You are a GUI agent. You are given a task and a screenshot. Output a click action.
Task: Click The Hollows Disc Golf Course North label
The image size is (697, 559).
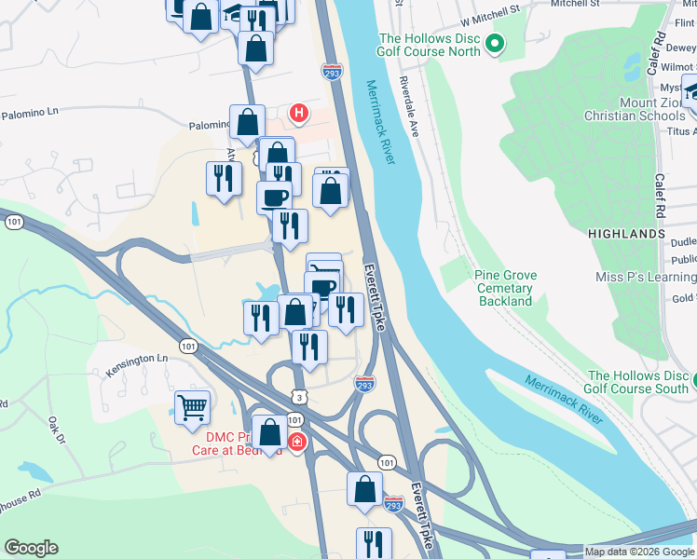pos(429,45)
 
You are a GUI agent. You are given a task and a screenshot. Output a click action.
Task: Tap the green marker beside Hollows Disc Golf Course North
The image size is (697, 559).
pos(495,43)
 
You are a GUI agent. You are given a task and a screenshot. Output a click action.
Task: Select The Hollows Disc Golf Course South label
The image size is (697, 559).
pos(637,382)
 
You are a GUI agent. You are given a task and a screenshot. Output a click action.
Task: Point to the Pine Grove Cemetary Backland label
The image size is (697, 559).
pos(503,288)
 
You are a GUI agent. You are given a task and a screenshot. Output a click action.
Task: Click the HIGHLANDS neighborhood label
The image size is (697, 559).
pos(628,234)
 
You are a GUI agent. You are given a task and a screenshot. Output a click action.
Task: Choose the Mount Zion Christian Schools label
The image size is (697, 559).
pos(634,109)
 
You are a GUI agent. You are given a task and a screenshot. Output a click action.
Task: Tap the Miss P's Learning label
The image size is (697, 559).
pos(646,277)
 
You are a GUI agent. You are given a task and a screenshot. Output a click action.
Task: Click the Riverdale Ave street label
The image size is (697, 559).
pos(415,112)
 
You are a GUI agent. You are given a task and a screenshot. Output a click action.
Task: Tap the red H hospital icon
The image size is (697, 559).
pos(298,115)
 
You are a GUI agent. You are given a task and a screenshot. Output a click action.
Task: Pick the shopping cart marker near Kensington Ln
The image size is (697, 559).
pos(192,406)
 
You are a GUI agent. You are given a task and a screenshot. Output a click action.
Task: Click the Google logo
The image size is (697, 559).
pos(31,548)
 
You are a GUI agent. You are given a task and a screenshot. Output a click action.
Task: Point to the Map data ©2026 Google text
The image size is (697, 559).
pos(639,552)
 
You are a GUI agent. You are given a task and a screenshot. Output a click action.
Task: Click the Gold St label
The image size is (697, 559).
pos(683,298)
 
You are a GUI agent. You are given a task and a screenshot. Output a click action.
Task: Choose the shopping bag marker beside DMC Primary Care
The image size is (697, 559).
pos(269,433)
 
